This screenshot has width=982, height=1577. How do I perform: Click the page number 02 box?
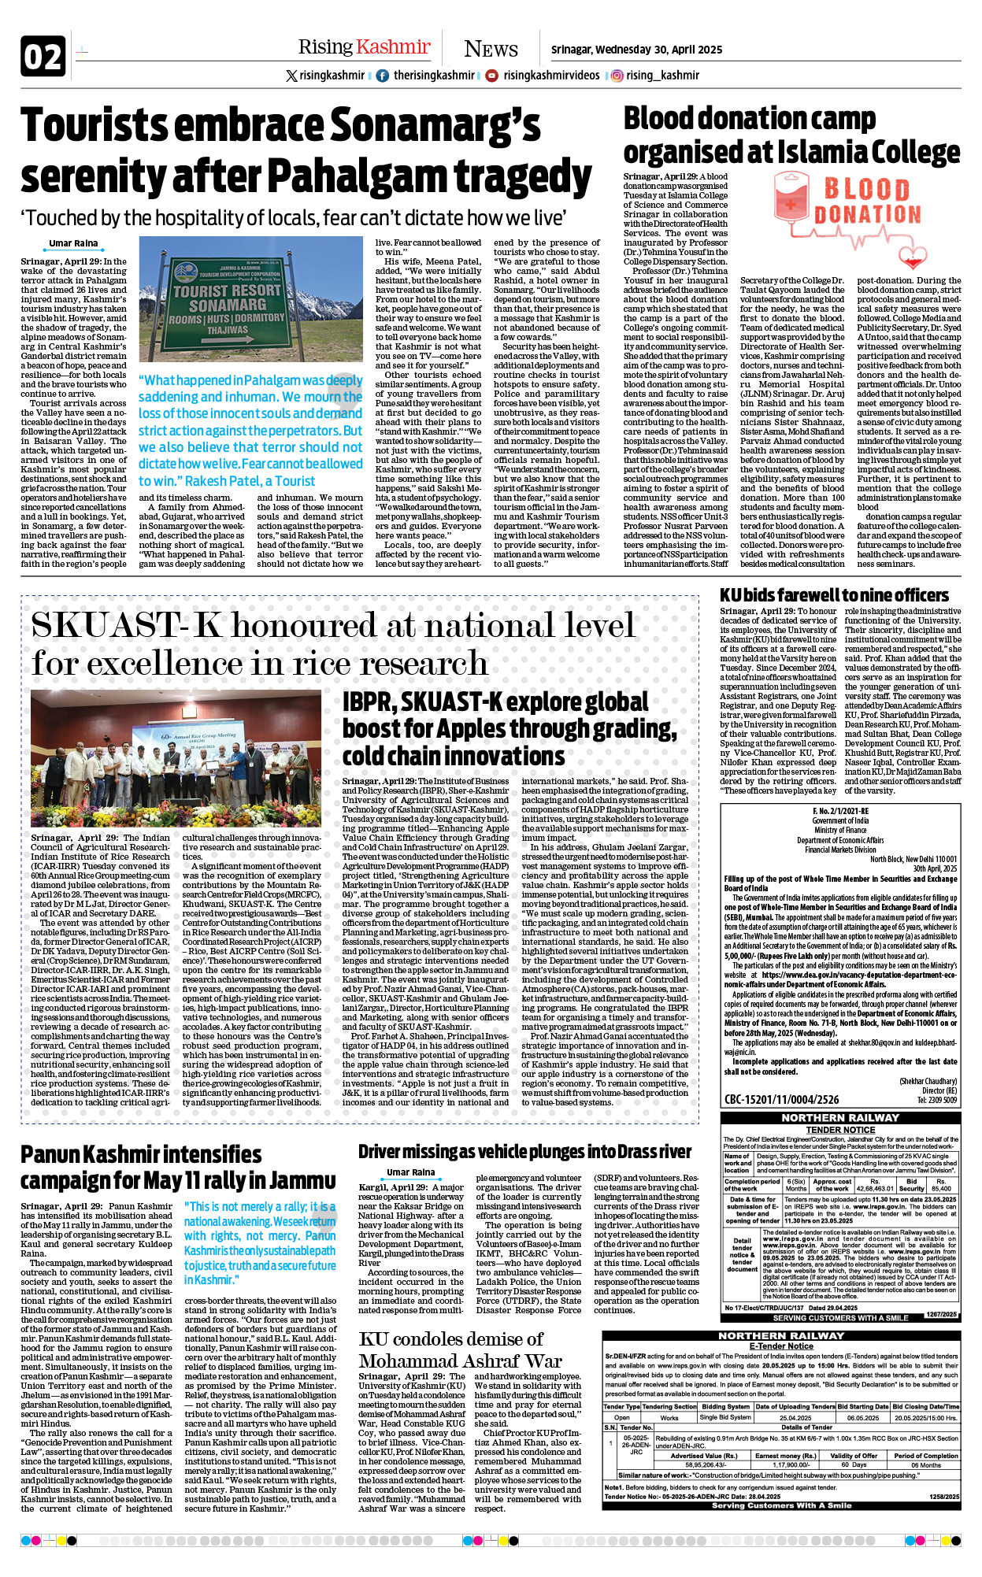[43, 57]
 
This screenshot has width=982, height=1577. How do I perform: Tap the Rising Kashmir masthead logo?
[364, 47]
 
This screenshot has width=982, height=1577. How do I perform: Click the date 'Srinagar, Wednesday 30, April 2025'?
[636, 50]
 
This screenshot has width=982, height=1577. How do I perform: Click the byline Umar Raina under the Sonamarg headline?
[73, 243]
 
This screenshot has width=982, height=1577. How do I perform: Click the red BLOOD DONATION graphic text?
[867, 202]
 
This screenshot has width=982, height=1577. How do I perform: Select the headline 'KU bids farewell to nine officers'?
[834, 595]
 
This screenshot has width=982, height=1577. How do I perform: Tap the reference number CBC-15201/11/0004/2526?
[781, 1099]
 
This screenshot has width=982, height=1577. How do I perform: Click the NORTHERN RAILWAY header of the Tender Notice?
[839, 1117]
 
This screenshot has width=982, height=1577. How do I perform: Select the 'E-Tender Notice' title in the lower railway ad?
[780, 1346]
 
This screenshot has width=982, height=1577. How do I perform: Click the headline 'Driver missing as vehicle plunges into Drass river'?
[524, 1152]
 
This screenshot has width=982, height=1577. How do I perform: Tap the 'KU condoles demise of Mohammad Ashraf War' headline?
[460, 1349]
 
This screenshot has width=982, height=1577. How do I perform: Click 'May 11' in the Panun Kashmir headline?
[187, 1181]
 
